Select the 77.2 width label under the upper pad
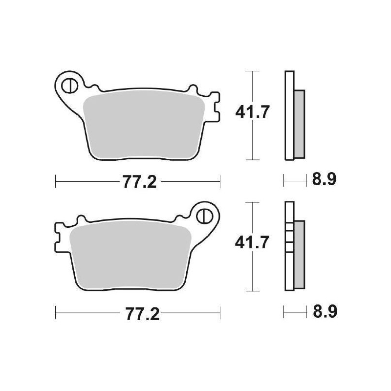coord(138,182)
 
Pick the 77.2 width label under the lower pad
coord(138,313)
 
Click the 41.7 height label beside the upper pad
coord(252,113)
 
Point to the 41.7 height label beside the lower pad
coord(252,243)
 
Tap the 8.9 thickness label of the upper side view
coord(324,180)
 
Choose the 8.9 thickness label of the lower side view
coord(324,311)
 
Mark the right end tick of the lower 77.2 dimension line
coord(220,313)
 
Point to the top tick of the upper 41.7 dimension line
coord(252,71)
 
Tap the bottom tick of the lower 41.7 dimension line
coord(252,290)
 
